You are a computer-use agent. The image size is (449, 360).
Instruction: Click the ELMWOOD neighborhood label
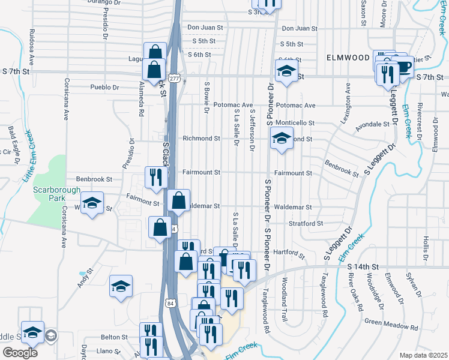pyautogui.click(x=348, y=58)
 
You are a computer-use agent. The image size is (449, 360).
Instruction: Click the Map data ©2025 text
pyautogui.click(x=423, y=355)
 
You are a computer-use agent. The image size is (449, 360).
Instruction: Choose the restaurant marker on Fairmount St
pyautogui.click(x=155, y=178)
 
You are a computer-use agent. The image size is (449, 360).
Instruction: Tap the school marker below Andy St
pyautogui.click(x=121, y=286)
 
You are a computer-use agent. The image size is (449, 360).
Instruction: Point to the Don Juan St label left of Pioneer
pyautogui.click(x=205, y=28)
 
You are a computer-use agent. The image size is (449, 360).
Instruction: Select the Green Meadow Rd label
pyautogui.click(x=391, y=325)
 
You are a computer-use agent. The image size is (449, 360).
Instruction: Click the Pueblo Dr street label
pyautogui.click(x=104, y=87)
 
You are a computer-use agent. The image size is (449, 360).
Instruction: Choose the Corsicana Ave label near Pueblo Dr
pyautogui.click(x=65, y=99)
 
